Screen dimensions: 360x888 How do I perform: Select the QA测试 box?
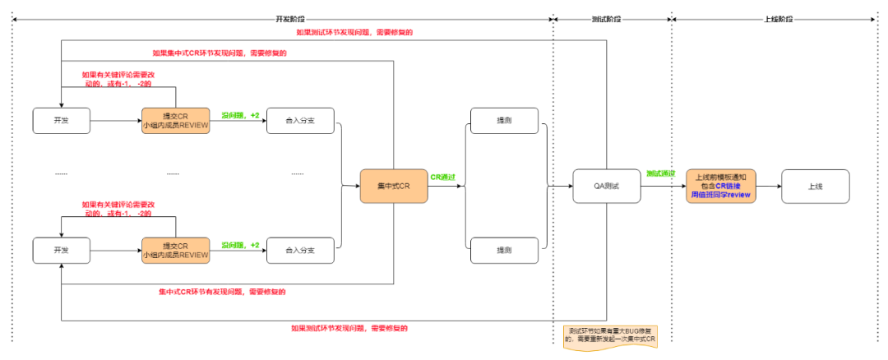point(607,187)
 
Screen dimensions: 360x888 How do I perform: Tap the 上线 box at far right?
point(815,187)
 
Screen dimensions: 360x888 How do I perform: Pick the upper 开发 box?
point(62,121)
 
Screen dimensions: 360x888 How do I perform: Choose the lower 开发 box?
point(62,250)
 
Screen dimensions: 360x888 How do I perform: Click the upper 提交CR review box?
point(175,122)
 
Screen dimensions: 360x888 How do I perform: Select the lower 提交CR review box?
point(175,250)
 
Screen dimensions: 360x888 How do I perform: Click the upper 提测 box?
point(503,121)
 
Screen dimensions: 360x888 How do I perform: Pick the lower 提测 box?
point(503,250)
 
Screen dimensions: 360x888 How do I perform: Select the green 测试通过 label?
point(660,174)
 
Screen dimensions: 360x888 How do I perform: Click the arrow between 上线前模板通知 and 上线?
point(768,187)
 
